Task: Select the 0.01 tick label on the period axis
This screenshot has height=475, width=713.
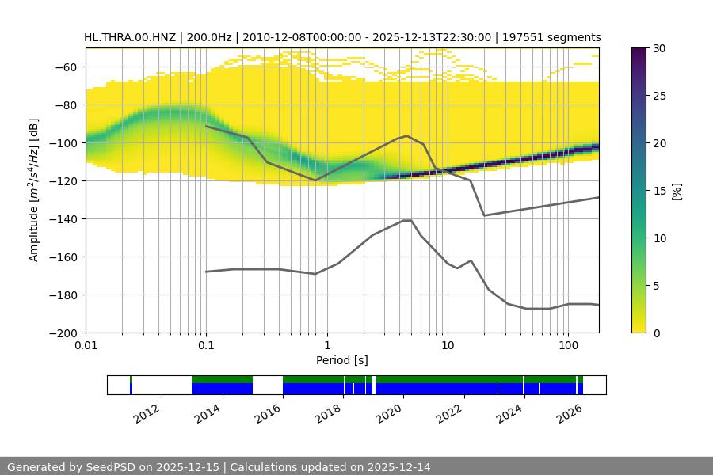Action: (x=86, y=346)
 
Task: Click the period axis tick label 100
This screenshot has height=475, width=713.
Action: (x=567, y=346)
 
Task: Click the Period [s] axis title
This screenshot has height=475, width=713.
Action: (x=341, y=360)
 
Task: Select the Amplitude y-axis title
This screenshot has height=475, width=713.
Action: (x=33, y=191)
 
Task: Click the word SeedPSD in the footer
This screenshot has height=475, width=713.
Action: (x=112, y=467)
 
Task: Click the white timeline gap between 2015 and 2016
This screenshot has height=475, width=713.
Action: (x=268, y=385)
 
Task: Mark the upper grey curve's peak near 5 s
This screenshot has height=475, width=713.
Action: (x=407, y=135)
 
